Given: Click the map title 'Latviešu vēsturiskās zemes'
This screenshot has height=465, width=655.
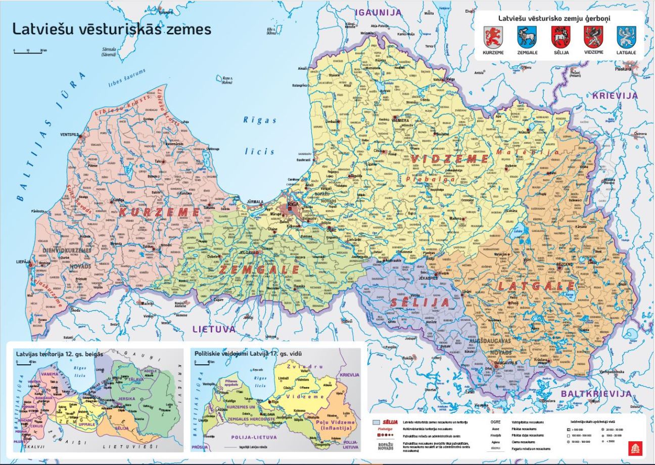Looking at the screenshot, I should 111,29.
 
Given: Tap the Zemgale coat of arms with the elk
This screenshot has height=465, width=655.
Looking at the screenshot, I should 527,37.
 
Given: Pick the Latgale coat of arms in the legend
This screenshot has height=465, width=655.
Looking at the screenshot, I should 626,37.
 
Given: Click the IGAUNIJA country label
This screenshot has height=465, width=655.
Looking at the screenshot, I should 378,12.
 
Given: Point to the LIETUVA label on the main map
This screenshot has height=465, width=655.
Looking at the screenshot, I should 214,329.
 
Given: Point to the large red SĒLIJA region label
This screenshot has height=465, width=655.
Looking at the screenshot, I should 426,303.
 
